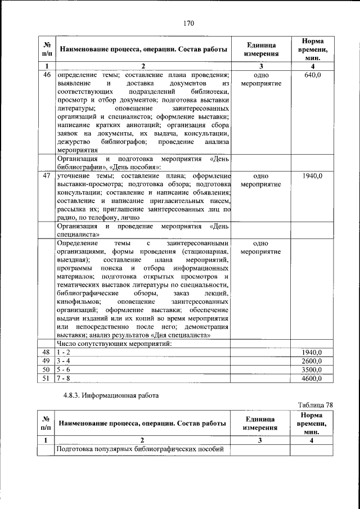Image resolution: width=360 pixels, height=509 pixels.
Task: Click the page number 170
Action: click(188, 23)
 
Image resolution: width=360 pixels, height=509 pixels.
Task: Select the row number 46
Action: click(47, 75)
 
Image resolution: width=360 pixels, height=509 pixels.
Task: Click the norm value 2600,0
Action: click(312, 361)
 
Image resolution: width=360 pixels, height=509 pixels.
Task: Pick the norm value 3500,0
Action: click(312, 370)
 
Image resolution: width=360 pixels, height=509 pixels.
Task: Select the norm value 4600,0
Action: click(312, 379)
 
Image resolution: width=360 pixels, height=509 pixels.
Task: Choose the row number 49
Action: click(47, 361)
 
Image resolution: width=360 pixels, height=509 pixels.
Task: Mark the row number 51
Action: click(47, 379)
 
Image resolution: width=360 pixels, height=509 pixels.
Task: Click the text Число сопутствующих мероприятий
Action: click(114, 343)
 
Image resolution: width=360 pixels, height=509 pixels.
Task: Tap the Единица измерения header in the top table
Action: click(260, 49)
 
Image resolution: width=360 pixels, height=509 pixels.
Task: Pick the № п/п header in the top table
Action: click(47, 49)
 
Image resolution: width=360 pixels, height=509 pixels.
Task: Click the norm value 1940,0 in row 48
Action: click(312, 352)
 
